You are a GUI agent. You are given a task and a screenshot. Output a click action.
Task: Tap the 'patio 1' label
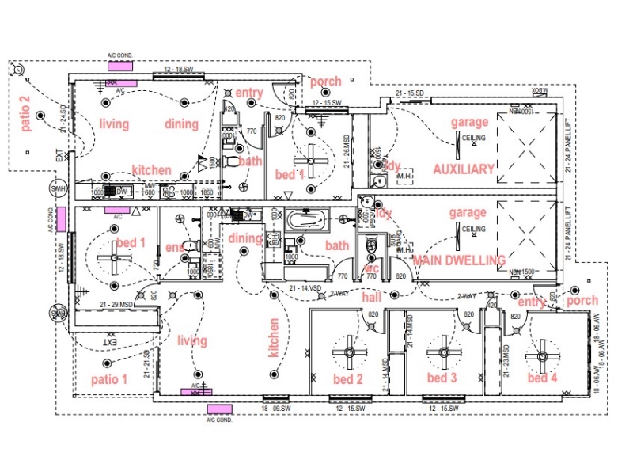[109, 379]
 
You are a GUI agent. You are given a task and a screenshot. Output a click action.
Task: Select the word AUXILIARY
[463, 169]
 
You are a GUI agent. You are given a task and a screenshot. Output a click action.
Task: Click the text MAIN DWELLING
[459, 260]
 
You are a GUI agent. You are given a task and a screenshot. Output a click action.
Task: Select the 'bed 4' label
[543, 378]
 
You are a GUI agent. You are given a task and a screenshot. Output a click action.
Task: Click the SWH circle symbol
[58, 190]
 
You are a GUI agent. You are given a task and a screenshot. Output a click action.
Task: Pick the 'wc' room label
[371, 269]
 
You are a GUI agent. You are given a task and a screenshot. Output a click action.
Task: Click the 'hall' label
[372, 298]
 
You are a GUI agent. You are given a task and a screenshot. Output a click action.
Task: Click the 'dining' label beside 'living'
[181, 123]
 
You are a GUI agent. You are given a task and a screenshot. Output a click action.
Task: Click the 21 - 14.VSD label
[305, 287]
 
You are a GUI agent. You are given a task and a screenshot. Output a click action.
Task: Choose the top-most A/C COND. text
[123, 56]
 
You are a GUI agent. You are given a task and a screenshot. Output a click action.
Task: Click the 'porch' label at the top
[325, 82]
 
